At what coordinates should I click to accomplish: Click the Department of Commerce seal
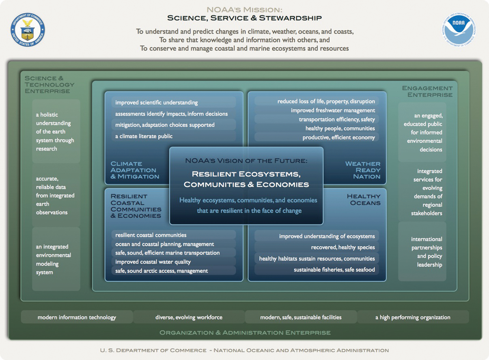tap(28, 30)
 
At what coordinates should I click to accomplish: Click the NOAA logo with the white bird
tap(459, 28)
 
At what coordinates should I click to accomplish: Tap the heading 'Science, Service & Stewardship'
tap(244, 18)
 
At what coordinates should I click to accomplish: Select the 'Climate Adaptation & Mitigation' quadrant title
tap(135, 170)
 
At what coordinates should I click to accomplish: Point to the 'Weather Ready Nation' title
tap(362, 170)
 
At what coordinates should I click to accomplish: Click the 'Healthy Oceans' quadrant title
tap(364, 199)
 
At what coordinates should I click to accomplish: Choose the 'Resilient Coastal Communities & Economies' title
tap(136, 206)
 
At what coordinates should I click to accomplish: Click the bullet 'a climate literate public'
tap(144, 136)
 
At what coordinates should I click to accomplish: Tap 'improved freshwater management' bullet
tap(333, 110)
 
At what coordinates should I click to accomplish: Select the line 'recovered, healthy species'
tap(343, 247)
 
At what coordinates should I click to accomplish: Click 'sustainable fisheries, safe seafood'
tap(334, 270)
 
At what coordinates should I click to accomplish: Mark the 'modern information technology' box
tap(77, 317)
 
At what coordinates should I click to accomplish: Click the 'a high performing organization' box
tap(413, 317)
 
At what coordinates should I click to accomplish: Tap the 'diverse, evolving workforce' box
tap(189, 317)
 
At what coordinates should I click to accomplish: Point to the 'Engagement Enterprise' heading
tap(427, 91)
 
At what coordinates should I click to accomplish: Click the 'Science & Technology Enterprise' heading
tap(49, 84)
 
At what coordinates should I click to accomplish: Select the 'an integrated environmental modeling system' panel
tap(56, 259)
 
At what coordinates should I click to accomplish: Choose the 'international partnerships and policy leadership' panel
tap(426, 252)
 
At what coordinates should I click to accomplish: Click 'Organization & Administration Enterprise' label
tap(245, 333)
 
